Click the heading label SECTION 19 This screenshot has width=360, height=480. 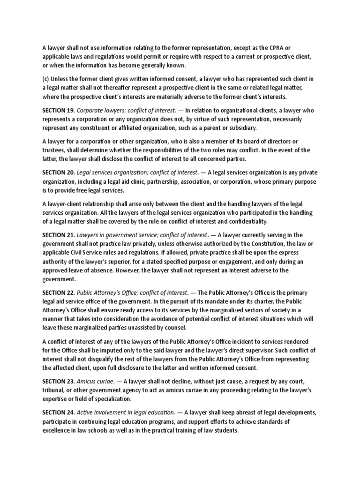point(58,111)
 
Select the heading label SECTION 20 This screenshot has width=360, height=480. point(58,173)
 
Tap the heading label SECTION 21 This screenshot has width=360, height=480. point(58,235)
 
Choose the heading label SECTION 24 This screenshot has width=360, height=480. point(58,412)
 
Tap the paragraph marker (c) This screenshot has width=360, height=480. point(46,79)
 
